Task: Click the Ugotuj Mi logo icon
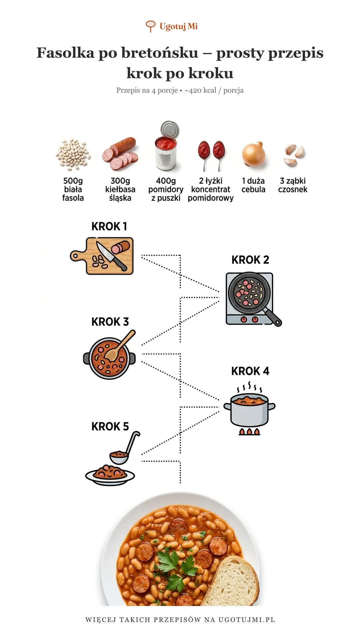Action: pos(150,26)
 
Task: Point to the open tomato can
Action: pos(166,147)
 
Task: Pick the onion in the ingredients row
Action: pos(254,154)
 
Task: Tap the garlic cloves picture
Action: pos(294,155)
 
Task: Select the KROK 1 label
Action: pos(109,226)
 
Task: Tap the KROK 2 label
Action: pos(250,260)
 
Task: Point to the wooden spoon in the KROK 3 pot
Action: pos(120,345)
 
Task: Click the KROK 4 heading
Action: pos(250,371)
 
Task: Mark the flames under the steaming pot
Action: pos(249,432)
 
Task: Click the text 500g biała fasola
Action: pos(73,189)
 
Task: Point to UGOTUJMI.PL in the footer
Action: pos(247,620)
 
